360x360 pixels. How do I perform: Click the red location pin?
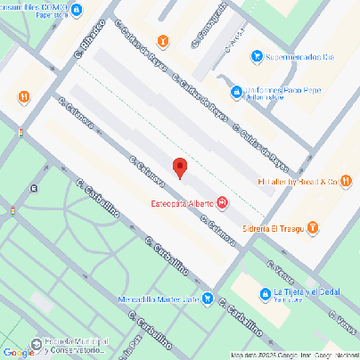(x=180, y=168)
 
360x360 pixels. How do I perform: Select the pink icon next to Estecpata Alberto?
(x=221, y=203)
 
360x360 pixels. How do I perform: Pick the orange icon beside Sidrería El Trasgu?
(x=313, y=227)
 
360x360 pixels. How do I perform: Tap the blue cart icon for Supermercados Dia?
(x=257, y=56)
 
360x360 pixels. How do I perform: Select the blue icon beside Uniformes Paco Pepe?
(x=236, y=90)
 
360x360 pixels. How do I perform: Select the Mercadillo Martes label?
(x=157, y=299)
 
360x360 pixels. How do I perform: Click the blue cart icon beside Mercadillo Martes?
(x=207, y=298)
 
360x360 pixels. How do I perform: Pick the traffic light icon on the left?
(x=20, y=133)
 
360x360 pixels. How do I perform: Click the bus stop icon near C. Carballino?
(x=34, y=188)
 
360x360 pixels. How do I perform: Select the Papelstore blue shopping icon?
(x=78, y=11)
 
